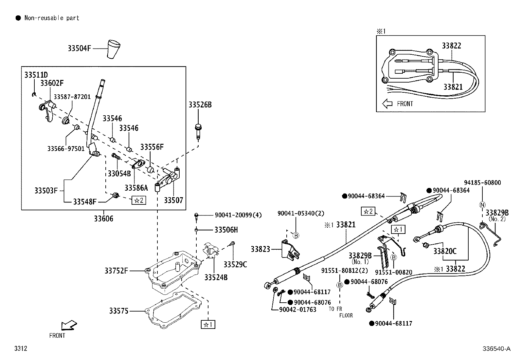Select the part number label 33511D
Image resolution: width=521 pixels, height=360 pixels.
point(36,75)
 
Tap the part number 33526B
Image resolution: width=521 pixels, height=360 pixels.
point(200,105)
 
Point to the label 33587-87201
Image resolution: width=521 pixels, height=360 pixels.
point(72,97)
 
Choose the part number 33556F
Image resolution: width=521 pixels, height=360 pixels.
point(152,147)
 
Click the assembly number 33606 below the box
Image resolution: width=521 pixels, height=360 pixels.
point(103,218)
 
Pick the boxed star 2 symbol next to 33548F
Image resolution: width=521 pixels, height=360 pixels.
point(139,200)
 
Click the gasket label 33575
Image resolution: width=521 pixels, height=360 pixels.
point(119,311)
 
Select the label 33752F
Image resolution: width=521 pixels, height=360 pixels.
point(116,271)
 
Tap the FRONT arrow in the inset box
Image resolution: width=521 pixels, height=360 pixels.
point(387,104)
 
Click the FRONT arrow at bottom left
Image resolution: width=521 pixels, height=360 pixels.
point(69,325)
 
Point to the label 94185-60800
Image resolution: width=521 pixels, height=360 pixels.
point(482,183)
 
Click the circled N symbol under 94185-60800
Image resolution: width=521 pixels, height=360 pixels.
point(482,205)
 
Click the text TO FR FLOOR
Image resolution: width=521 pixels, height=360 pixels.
point(340,312)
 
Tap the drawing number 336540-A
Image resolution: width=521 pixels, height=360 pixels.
point(496,349)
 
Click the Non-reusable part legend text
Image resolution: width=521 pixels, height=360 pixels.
point(52,18)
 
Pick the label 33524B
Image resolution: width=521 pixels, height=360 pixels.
point(216,277)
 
